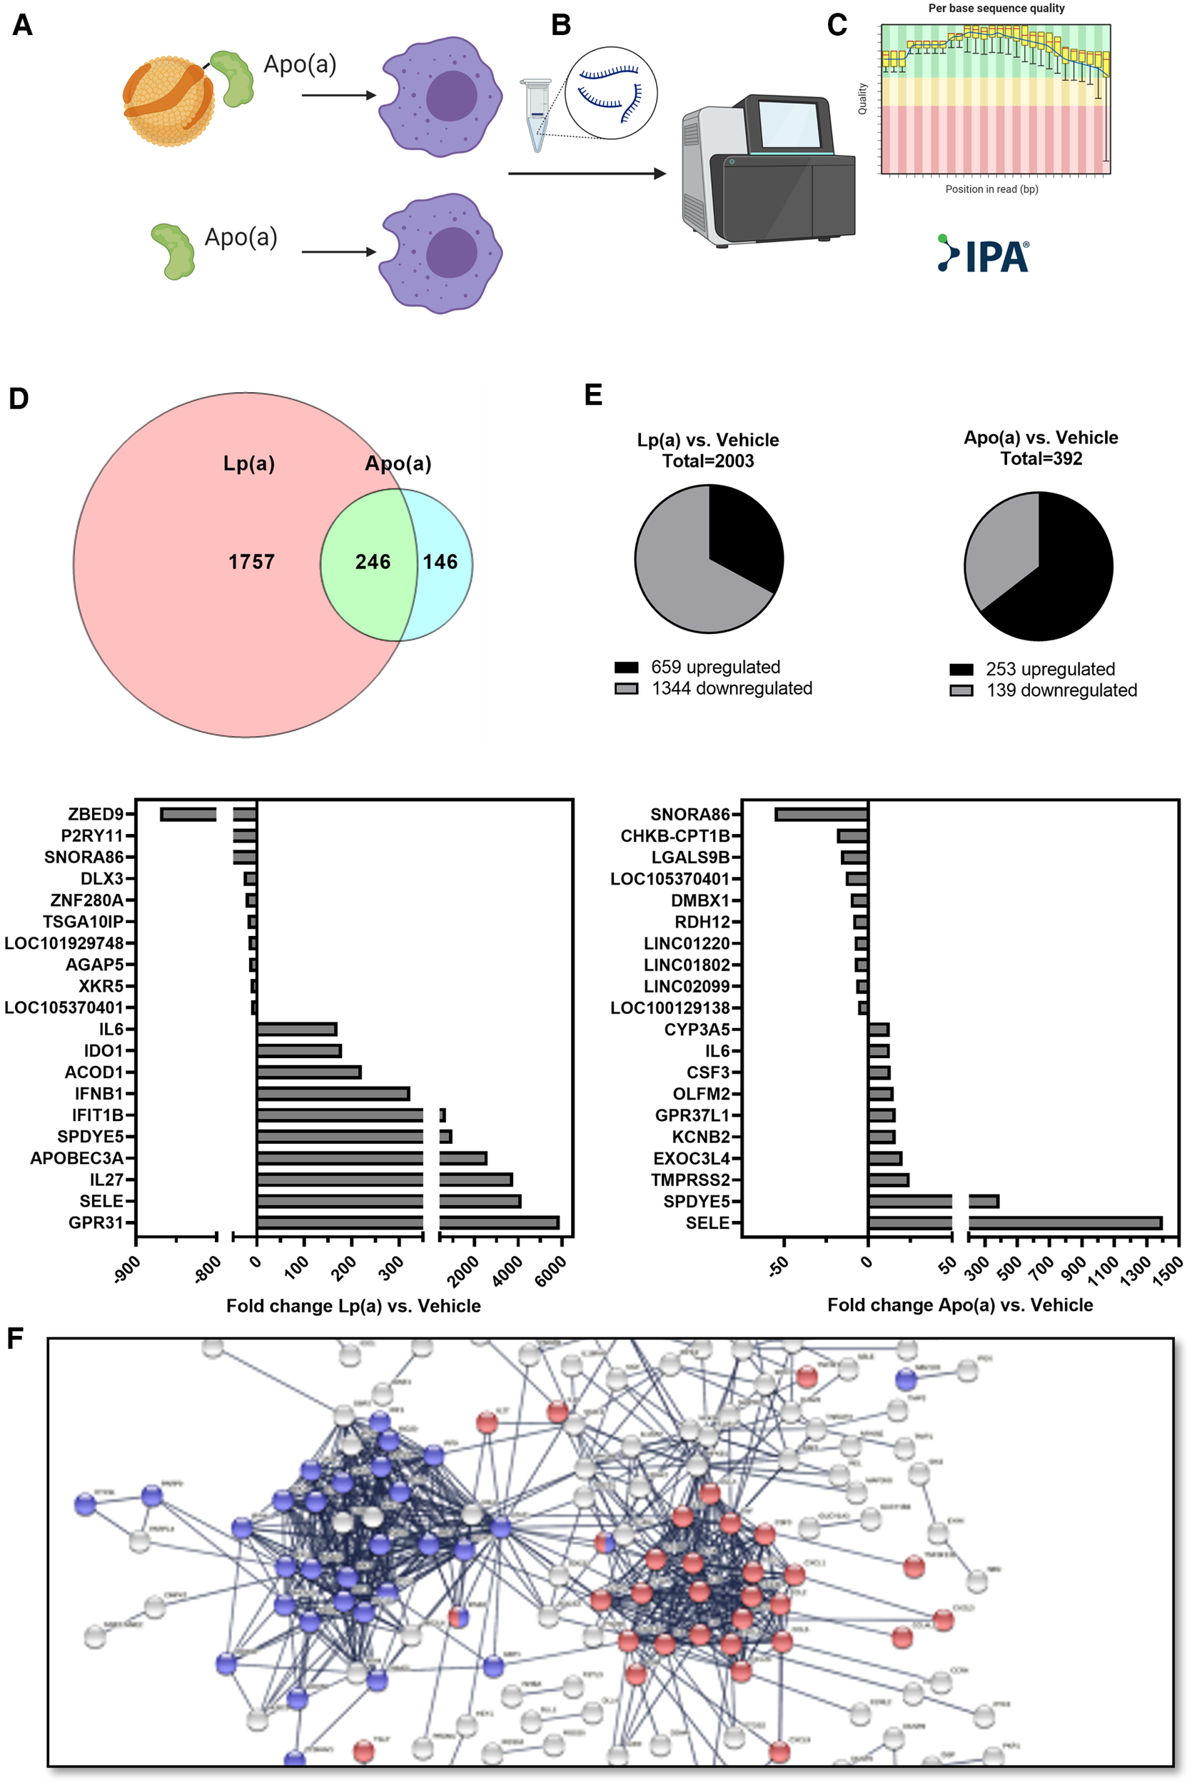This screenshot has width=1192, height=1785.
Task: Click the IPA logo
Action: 984,254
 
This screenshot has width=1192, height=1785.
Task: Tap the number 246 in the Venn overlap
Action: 373,562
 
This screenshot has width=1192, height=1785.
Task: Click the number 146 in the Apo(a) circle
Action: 440,562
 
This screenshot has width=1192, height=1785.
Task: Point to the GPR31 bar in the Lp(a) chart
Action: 408,1222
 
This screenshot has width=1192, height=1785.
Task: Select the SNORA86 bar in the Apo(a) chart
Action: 821,814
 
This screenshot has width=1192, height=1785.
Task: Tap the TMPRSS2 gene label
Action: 690,1180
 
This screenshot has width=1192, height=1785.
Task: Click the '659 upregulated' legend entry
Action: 714,667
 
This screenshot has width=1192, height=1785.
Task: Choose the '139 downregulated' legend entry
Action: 1061,690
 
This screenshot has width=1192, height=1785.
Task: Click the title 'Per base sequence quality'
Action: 996,9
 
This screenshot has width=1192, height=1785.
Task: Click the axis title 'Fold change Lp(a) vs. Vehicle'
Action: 353,1305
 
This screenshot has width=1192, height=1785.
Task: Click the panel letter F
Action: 14,1338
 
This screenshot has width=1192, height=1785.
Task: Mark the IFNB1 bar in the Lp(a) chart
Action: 333,1094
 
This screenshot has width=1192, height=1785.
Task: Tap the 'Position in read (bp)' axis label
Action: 991,189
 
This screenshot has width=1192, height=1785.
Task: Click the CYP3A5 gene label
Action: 697,1030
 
